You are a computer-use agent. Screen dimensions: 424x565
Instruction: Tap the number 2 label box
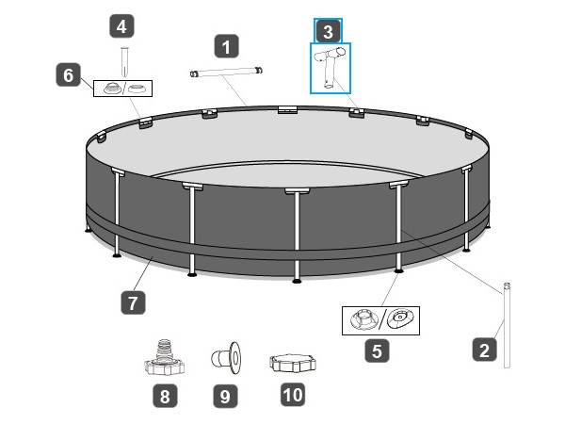[484, 351]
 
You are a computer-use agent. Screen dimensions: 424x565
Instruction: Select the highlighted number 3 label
[327, 30]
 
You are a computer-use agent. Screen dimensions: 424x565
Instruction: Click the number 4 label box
[121, 26]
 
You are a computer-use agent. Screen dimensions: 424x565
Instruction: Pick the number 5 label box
[377, 351]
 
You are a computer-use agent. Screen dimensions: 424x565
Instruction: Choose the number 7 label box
[133, 302]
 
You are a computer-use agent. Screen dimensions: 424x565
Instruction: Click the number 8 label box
[165, 397]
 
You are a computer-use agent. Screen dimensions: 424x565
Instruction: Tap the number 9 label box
[224, 397]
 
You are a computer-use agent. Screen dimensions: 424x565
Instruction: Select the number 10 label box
[293, 395]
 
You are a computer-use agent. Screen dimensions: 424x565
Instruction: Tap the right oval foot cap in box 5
[402, 318]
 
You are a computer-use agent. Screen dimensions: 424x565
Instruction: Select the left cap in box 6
[110, 89]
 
